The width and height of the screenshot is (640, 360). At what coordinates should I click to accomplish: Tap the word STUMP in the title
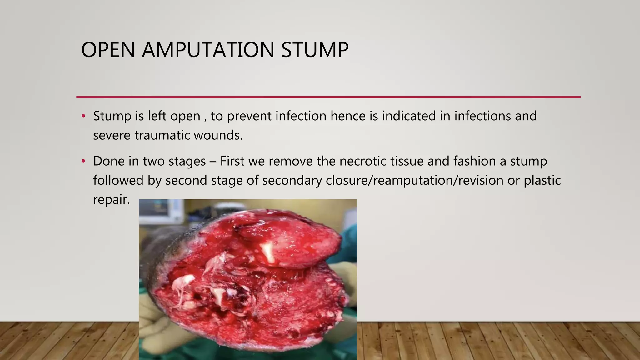[315, 50]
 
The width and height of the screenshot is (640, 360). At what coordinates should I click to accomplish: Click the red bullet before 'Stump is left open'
[83, 116]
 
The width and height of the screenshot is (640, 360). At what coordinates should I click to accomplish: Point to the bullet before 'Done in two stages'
[83, 161]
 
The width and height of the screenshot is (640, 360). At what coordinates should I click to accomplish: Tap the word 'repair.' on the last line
[112, 200]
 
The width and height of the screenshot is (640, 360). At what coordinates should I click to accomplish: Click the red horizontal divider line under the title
[328, 97]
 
